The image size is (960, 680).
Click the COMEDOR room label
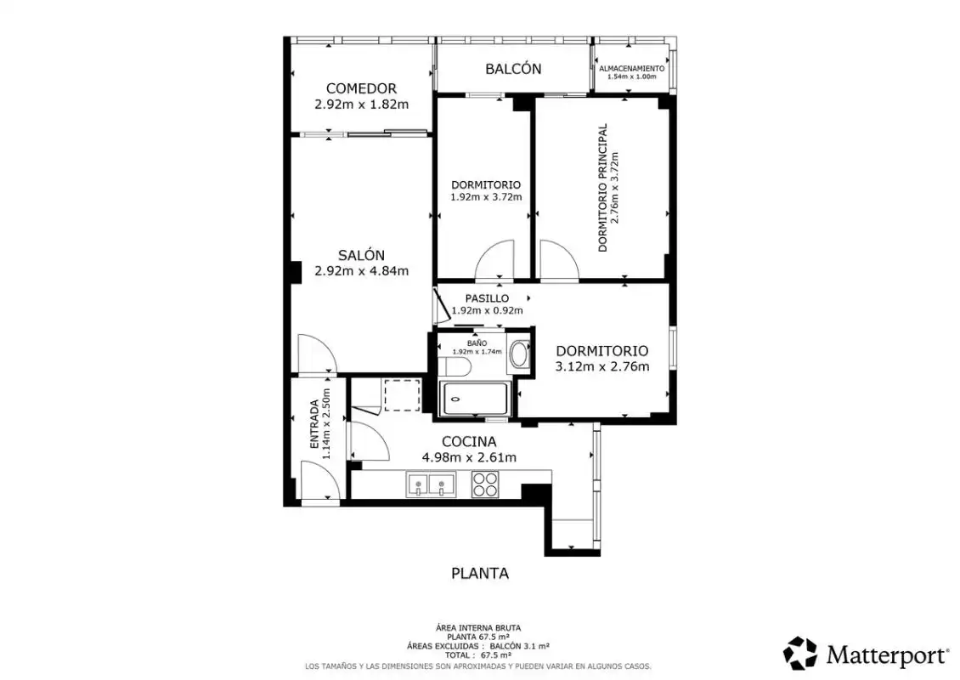pos(361,88)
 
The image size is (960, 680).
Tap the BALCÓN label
pos(513,69)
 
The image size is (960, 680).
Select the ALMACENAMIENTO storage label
pos(631,69)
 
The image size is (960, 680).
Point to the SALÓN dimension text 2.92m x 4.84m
pos(361,271)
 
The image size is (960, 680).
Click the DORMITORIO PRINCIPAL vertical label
pos(602,188)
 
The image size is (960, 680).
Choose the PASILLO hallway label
pos(487,298)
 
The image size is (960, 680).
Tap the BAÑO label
pos(477,343)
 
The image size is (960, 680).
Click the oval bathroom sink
pos(519,354)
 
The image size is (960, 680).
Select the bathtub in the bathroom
pos(474,399)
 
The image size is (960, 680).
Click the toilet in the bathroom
pos(457,367)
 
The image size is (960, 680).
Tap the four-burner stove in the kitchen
pos(484,484)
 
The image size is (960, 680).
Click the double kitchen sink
pos(431,484)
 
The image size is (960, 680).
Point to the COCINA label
pos(469,442)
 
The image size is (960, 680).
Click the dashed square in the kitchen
pos(402,395)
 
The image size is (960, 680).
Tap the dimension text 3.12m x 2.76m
pos(601,367)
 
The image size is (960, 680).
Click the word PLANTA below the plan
pos(480,574)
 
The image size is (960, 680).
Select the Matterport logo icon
pos(800,653)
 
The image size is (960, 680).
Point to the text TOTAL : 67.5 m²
pos(477,654)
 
